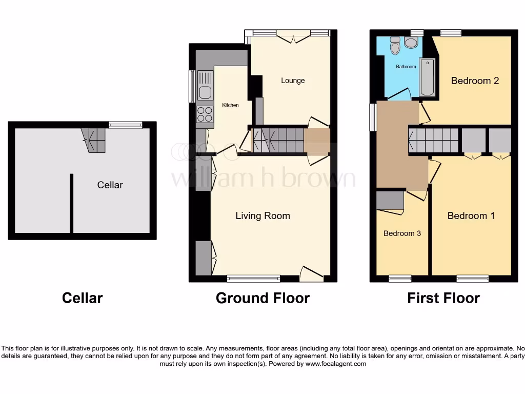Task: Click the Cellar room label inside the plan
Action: (110, 185)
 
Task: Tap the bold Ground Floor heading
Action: (262, 298)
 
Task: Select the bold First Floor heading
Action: (443, 298)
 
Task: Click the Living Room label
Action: (262, 216)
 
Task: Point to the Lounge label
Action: (293, 81)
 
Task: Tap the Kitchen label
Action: (230, 105)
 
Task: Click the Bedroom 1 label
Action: (471, 216)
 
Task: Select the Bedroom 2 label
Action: (475, 81)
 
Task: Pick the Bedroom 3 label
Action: (402, 233)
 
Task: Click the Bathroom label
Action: (406, 67)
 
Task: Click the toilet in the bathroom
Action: (395, 46)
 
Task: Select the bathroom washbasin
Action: (411, 42)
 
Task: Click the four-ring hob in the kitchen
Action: (205, 114)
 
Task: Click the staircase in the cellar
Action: (94, 140)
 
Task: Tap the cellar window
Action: (126, 124)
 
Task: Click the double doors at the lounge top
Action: (293, 36)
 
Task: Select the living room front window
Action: (254, 279)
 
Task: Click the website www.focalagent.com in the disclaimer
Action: (336, 364)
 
